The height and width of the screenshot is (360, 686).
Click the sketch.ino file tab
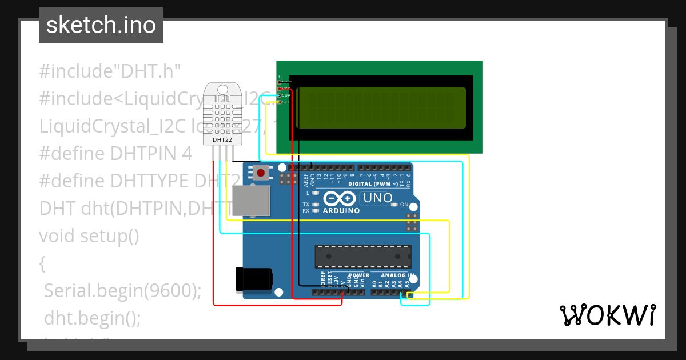pyautogui.click(x=101, y=25)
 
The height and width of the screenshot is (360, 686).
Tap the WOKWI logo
pyautogui.click(x=607, y=315)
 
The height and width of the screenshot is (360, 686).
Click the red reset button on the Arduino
pyautogui.click(x=261, y=173)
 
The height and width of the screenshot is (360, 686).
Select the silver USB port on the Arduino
pyautogui.click(x=252, y=201)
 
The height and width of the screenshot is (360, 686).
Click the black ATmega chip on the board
pyautogui.click(x=362, y=256)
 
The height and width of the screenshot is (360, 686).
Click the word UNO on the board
pyautogui.click(x=378, y=198)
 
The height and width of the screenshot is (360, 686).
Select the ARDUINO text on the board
pyautogui.click(x=341, y=210)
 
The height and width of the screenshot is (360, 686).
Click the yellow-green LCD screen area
pyautogui.click(x=382, y=108)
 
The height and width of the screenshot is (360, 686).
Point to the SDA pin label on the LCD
pyautogui.click(x=286, y=95)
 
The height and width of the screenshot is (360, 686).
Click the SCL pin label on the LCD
pyautogui.click(x=286, y=102)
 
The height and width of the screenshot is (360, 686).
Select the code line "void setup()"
pyautogui.click(x=89, y=235)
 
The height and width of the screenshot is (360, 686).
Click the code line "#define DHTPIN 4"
pyautogui.click(x=115, y=154)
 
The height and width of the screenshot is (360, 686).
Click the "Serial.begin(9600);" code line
pyautogui.click(x=123, y=291)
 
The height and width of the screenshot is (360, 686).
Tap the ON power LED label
pyautogui.click(x=404, y=204)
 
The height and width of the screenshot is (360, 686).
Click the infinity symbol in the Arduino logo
pyautogui.click(x=341, y=198)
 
